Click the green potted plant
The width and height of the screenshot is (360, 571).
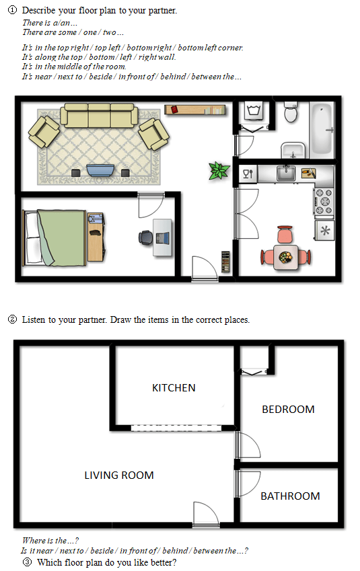click(219, 171)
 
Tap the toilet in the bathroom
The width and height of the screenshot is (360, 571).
click(291, 112)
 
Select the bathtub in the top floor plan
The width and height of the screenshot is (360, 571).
click(322, 129)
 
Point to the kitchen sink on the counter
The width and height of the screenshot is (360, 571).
click(286, 173)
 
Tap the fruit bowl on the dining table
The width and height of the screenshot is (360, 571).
click(286, 257)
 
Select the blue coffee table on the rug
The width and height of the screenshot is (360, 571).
click(100, 170)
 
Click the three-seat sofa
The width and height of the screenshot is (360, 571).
click(99, 116)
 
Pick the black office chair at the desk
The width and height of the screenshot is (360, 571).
click(146, 238)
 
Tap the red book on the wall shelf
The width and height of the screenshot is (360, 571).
click(174, 109)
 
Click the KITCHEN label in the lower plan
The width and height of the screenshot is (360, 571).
click(174, 388)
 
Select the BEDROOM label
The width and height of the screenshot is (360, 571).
click(288, 410)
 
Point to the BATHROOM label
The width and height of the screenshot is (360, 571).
click(291, 496)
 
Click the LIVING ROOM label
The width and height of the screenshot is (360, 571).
click(119, 475)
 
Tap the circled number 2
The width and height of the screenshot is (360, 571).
click(12, 319)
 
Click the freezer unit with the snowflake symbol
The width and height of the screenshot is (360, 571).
click(325, 230)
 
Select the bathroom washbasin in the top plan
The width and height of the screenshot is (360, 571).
click(293, 151)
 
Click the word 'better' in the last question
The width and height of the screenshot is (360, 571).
click(164, 562)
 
